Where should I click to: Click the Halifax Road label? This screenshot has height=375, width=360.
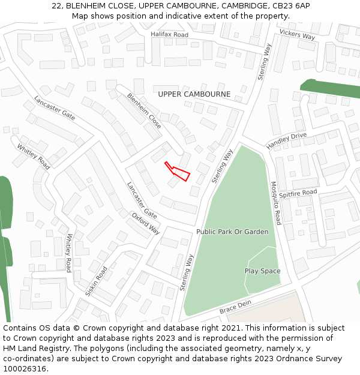tap(169, 35)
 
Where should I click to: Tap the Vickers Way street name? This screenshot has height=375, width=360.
tap(297, 35)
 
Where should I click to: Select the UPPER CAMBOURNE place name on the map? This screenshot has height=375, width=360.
tap(194, 94)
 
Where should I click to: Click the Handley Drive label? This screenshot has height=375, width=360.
tap(286, 141)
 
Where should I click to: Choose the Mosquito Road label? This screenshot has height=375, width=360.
tap(275, 203)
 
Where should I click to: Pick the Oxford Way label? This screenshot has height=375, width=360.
tap(146, 223)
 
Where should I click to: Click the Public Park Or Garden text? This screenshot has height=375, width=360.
tap(232, 232)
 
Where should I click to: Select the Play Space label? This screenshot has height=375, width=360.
tap(262, 271)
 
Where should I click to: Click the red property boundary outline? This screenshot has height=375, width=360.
tap(178, 171)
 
